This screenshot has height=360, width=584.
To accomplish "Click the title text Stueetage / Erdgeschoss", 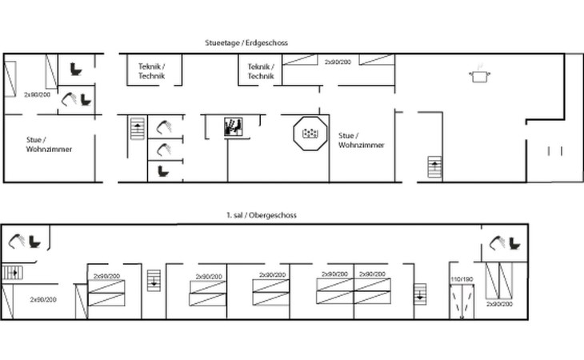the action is tap(246, 43).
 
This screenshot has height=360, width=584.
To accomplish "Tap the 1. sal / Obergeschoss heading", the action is tap(262, 215).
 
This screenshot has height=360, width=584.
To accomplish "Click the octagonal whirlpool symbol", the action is tap(310, 134).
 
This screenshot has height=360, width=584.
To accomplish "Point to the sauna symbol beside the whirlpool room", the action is tap(234, 127).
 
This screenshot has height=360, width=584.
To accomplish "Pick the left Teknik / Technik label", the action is tap(151, 71).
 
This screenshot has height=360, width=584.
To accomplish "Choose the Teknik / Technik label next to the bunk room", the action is tap(261, 71).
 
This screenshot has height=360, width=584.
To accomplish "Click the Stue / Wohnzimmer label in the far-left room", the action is tap(49, 145).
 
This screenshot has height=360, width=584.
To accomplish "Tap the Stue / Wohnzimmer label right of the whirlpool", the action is tap(361, 140).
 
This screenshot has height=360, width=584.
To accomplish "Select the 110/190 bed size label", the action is tap(462, 279).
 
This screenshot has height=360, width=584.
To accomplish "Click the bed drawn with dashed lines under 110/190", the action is tap(462, 302).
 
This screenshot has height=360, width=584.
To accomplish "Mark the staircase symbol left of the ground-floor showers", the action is tap(138, 129).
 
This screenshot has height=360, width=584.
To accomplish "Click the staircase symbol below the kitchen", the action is tap(434, 167).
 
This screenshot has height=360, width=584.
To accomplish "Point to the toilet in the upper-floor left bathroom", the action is tap(34, 242).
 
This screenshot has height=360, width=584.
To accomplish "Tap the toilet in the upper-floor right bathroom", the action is tap(514, 244).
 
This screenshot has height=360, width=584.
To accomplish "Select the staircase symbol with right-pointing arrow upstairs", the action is tap(13, 273).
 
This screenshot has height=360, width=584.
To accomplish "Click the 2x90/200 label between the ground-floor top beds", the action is tap(338, 62).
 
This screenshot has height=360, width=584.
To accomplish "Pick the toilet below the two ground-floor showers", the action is tap(163, 171).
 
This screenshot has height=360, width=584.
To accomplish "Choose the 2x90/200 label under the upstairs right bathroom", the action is tap(499, 304).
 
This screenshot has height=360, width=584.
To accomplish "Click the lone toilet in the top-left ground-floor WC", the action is tap(76, 70).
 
